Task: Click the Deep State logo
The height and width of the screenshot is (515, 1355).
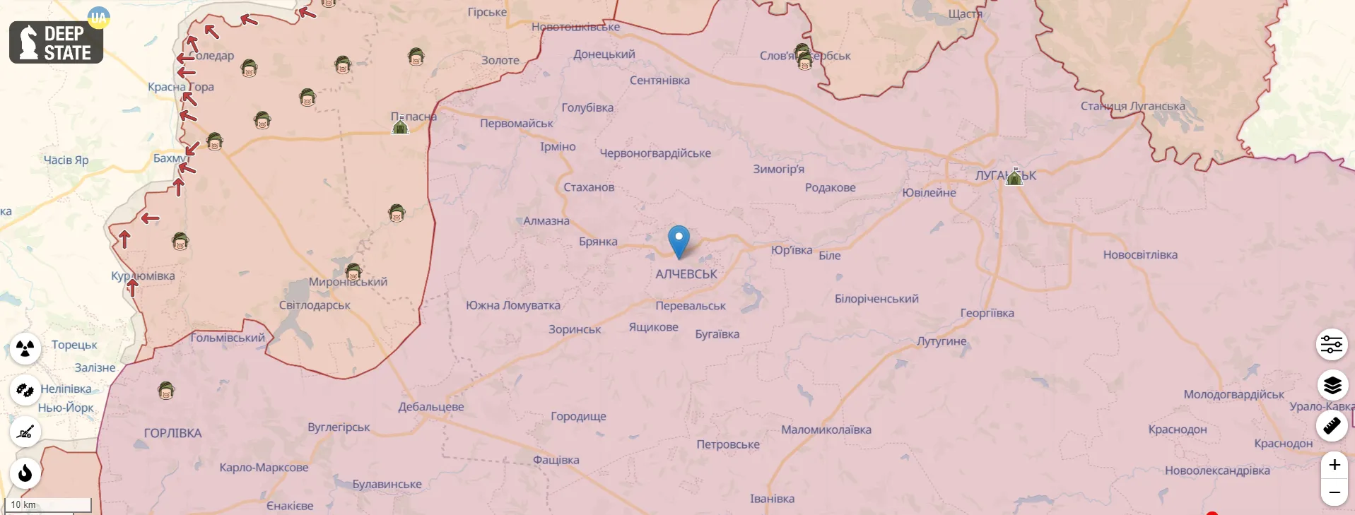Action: pos(56,42)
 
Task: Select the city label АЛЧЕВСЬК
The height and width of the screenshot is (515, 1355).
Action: pos(686,274)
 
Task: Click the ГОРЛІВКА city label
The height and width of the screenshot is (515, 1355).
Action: pos(172,433)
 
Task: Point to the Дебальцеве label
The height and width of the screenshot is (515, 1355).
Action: pos(430,407)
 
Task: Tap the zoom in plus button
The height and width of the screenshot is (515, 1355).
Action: pos(1334,465)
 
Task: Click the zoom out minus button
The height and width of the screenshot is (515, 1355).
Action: pos(1334,492)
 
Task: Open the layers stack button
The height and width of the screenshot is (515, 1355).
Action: pos(1332,385)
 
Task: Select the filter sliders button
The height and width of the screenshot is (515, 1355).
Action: pos(1332,345)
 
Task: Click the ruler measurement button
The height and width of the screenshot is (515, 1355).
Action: pos(1332,426)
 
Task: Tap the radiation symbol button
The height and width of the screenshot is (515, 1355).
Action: pos(25,348)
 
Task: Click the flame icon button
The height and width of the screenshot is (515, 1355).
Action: pos(25,473)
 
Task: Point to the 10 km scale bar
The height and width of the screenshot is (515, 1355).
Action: pos(48,504)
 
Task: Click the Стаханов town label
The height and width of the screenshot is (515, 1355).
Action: pos(589,187)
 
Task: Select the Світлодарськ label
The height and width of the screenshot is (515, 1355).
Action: pos(315,305)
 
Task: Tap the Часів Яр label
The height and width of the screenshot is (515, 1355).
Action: pos(66,160)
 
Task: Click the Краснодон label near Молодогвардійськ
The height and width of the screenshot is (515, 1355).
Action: pos(1177,430)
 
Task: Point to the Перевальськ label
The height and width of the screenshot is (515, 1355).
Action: pos(691,306)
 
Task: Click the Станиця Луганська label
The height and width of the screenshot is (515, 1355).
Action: pos(1132,106)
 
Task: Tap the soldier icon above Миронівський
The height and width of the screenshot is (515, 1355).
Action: pos(353,271)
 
